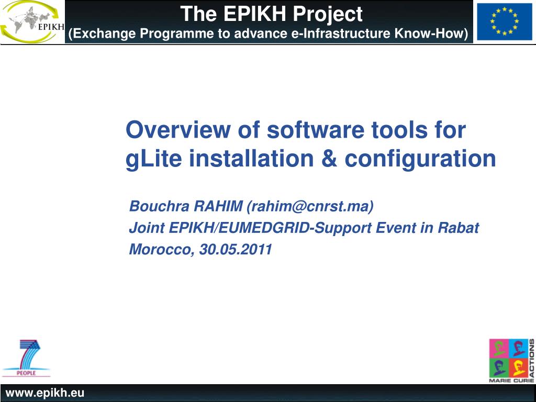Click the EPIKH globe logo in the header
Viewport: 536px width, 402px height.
pos(32,22)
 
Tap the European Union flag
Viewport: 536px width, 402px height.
pos(504,22)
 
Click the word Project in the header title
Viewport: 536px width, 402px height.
pos(328,14)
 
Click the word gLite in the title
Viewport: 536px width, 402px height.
pos(154,159)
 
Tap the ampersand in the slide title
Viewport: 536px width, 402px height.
pos(329,159)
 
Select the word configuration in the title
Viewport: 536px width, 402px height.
pos(420,159)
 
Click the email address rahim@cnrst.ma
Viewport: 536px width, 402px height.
pos(310,206)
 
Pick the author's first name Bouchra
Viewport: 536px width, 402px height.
pos(159,206)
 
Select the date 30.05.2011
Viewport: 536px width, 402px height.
pos(236,249)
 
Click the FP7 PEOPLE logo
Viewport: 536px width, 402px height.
pos(26,358)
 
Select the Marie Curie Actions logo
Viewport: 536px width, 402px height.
pos(512,361)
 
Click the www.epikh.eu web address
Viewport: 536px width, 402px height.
pos(45,393)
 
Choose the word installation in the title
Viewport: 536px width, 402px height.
pos(251,159)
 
